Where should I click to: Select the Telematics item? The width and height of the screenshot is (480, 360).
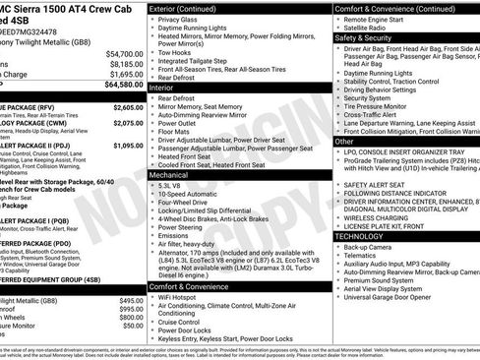[x=363, y=257]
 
